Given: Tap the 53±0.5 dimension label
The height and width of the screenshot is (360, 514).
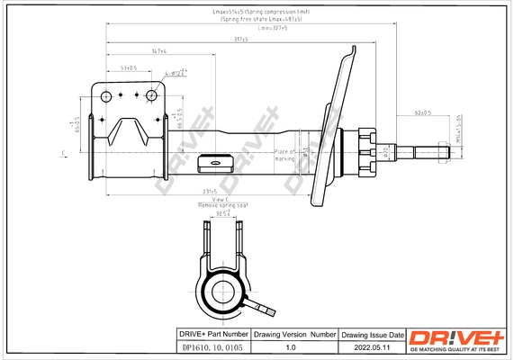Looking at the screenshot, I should tap(128, 68).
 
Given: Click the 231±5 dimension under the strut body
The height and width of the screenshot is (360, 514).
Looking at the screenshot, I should tap(210, 191).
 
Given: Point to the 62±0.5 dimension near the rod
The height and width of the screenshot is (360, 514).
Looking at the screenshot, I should tap(423, 113).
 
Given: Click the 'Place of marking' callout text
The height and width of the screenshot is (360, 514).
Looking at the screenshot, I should tap(286, 155).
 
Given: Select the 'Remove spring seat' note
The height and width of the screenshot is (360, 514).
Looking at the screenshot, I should tap(221, 205).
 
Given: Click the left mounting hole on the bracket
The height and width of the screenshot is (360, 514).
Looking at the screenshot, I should tap(107, 98).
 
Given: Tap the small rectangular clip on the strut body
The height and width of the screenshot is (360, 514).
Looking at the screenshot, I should tap(216, 163).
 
